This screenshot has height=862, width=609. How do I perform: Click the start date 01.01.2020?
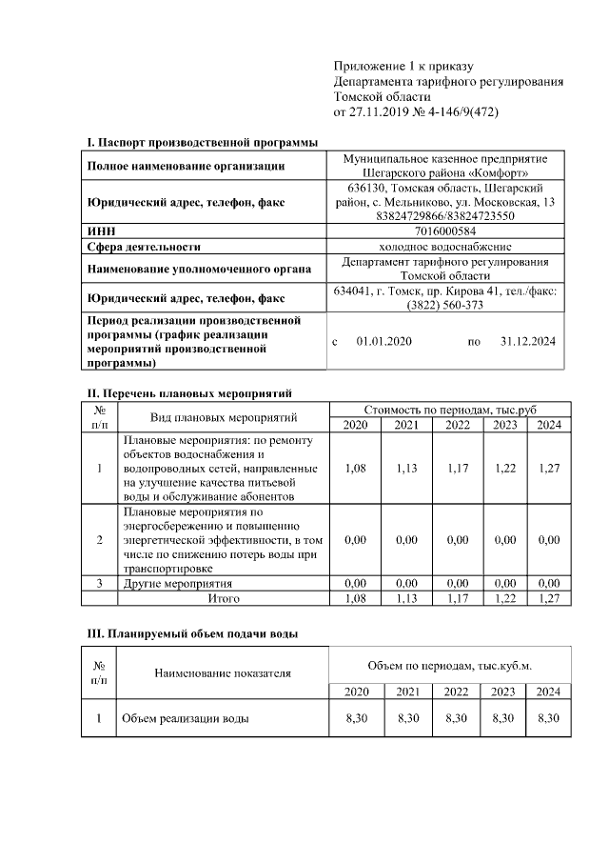click(383, 341)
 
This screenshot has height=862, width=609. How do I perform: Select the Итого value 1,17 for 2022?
click(458, 598)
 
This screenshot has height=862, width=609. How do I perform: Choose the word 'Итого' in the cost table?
click(224, 598)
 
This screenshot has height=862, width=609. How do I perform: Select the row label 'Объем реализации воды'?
click(185, 718)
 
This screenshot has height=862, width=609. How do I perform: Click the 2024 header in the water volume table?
click(548, 691)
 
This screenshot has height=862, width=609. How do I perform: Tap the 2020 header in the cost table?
click(355, 425)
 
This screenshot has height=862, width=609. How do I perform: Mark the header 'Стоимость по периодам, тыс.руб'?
click(450, 409)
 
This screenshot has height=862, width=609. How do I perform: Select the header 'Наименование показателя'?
click(222, 673)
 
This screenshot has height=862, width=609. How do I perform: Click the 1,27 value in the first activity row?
click(548, 469)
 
